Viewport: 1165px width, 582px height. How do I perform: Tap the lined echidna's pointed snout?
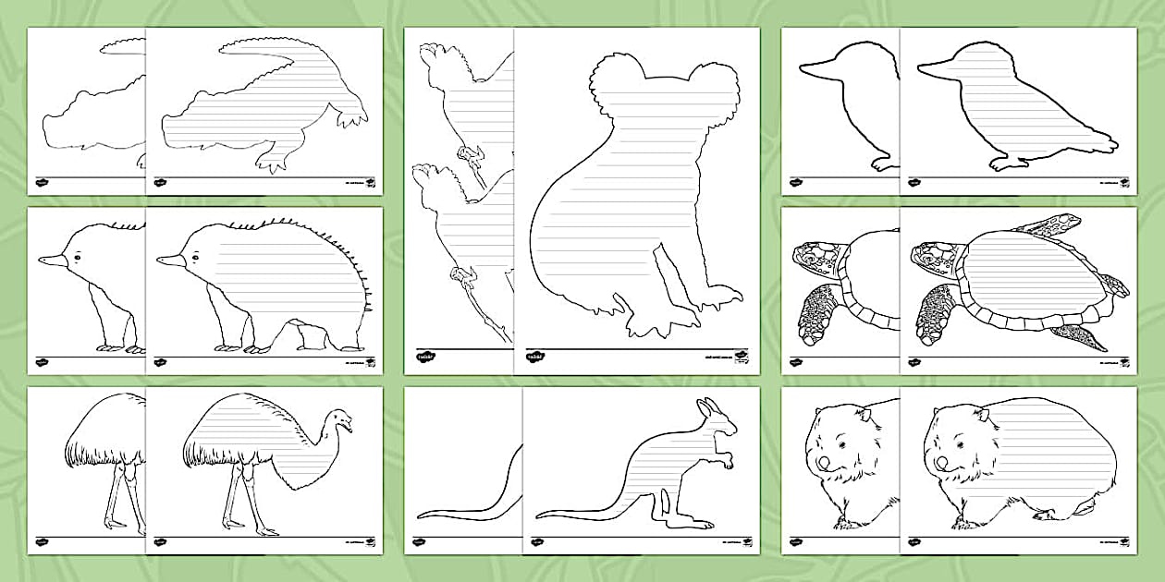tap(166, 261)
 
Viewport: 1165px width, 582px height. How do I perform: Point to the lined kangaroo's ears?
tap(705, 407)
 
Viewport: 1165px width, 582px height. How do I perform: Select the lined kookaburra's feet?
tap(1009, 164)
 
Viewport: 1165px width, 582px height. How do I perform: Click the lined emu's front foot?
tap(265, 531)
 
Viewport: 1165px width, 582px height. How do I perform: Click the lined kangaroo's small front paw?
tap(728, 459)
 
